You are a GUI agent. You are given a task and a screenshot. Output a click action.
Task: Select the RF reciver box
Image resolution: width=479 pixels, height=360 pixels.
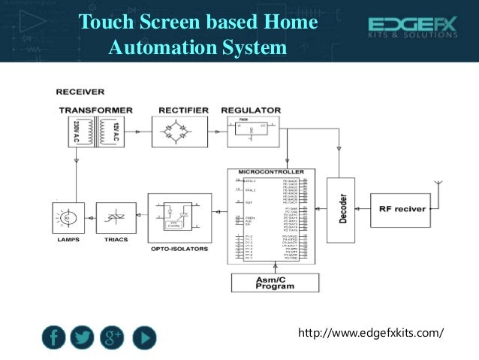point(401,210)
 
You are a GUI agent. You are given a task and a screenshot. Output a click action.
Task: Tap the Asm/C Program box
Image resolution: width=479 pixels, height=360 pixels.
point(275,283)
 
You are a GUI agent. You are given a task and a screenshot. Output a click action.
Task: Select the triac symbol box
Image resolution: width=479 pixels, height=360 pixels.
point(116,218)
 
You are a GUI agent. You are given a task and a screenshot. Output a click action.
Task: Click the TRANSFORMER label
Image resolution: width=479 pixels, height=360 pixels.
point(97,110)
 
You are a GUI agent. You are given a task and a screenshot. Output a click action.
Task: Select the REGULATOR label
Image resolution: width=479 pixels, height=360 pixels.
point(251,110)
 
